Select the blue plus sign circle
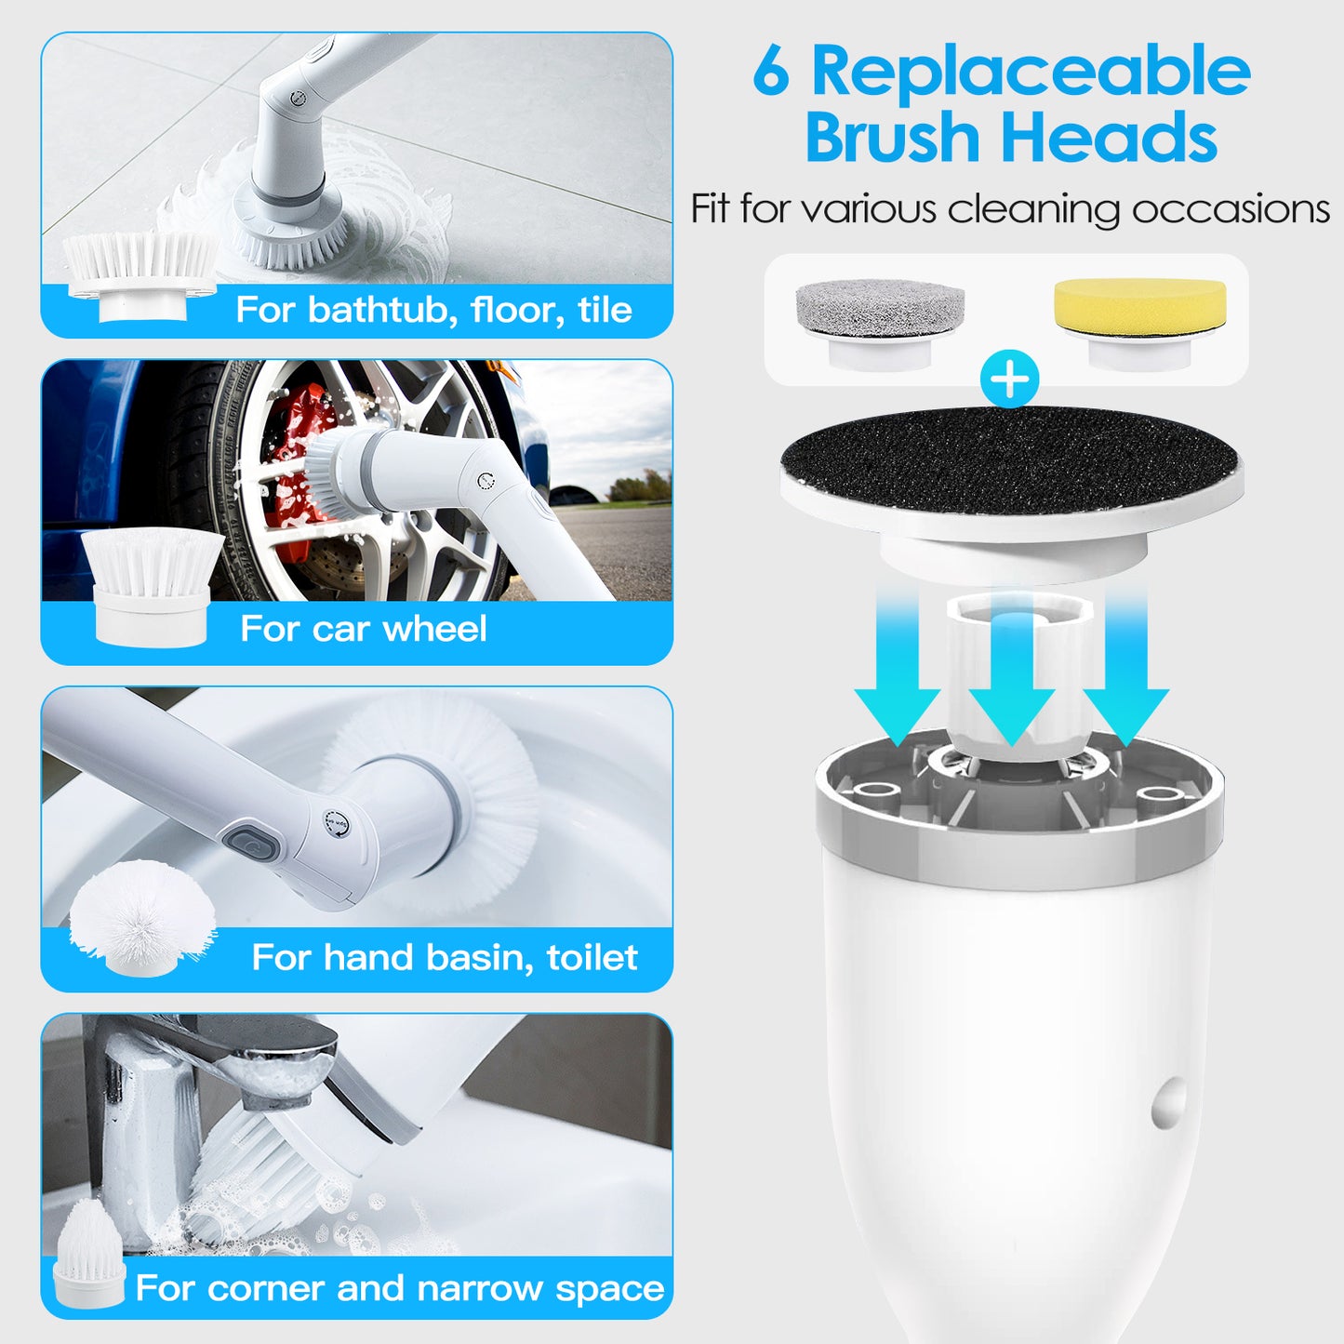pos(1010,379)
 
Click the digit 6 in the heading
pos(771,73)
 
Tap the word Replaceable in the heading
pos(1031,73)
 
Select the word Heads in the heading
pos(1109,138)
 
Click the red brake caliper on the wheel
pos(296,465)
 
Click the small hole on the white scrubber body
pos(1169,1103)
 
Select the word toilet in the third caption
pos(592,958)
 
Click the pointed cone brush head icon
pos(89,1251)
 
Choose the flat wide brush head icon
pos(141,270)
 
